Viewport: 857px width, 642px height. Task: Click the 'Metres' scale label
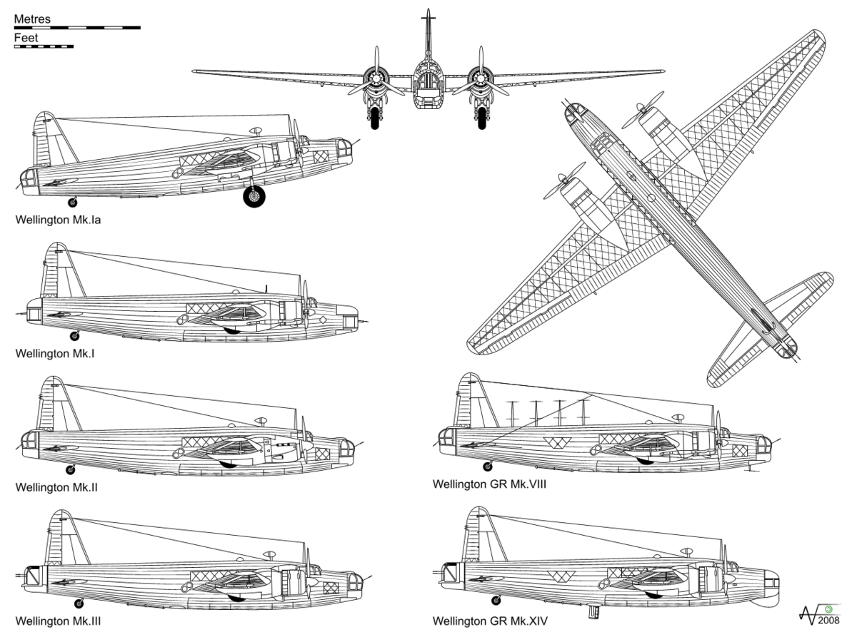pos(32,19)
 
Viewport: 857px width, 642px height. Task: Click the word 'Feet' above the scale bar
pos(26,38)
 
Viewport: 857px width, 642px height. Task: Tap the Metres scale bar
pos(77,28)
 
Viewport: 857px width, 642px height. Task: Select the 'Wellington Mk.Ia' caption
pos(58,220)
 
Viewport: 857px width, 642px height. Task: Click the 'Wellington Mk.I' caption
pos(55,354)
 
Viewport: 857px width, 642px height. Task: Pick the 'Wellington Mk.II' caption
pos(56,487)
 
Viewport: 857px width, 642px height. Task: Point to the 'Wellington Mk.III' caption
pos(58,621)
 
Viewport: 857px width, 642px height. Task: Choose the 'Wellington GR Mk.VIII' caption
pos(490,484)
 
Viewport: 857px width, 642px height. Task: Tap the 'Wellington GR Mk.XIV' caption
pos(490,621)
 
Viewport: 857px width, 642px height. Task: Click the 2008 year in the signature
pos(828,620)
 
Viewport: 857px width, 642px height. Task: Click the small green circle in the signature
pos(828,609)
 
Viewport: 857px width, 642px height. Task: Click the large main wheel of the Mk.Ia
pos(254,196)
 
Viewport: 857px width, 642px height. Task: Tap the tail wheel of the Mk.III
pos(79,603)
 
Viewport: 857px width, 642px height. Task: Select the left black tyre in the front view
pos(375,118)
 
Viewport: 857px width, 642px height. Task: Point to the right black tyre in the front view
pos(482,118)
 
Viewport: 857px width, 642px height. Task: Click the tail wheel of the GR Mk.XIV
pos(496,601)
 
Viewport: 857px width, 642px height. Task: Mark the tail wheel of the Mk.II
pos(71,469)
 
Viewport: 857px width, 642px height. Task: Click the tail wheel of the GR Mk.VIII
pos(488,467)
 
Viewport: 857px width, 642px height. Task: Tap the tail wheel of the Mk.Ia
pos(73,203)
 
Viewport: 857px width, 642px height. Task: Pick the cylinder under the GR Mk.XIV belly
pos(594,611)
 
